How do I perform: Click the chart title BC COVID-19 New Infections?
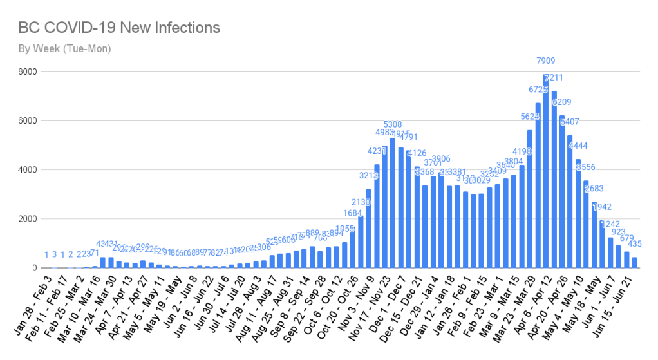tap(119, 28)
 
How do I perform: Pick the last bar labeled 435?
tap(634, 263)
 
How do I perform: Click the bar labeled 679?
tap(626, 260)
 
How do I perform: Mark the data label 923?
tap(617, 232)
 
